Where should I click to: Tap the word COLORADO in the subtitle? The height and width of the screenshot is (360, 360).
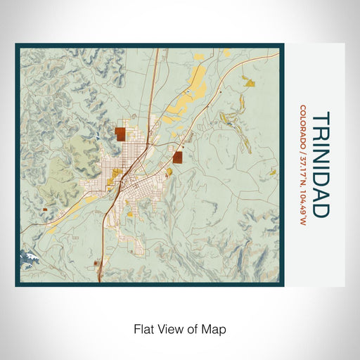pos(302,126)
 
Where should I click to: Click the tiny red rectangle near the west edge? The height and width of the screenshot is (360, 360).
pos(44,209)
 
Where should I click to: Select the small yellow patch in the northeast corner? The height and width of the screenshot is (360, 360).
pos(250,84)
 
